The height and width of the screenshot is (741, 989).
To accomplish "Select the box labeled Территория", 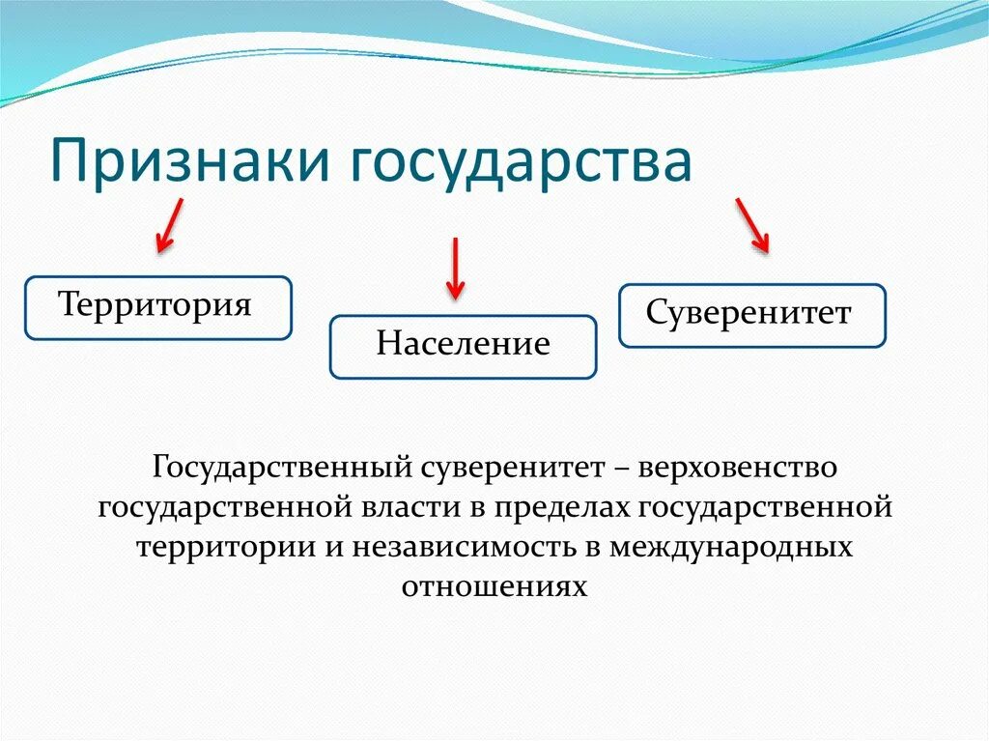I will tap(157, 307).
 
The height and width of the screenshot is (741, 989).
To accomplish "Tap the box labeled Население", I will tap(464, 346).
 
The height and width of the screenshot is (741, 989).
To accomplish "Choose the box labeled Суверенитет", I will tap(751, 315).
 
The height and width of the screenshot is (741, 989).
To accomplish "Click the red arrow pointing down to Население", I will tap(455, 268).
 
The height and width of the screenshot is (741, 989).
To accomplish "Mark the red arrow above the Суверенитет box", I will tap(752, 225).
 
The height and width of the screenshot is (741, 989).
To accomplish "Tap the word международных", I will tap(731, 547).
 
